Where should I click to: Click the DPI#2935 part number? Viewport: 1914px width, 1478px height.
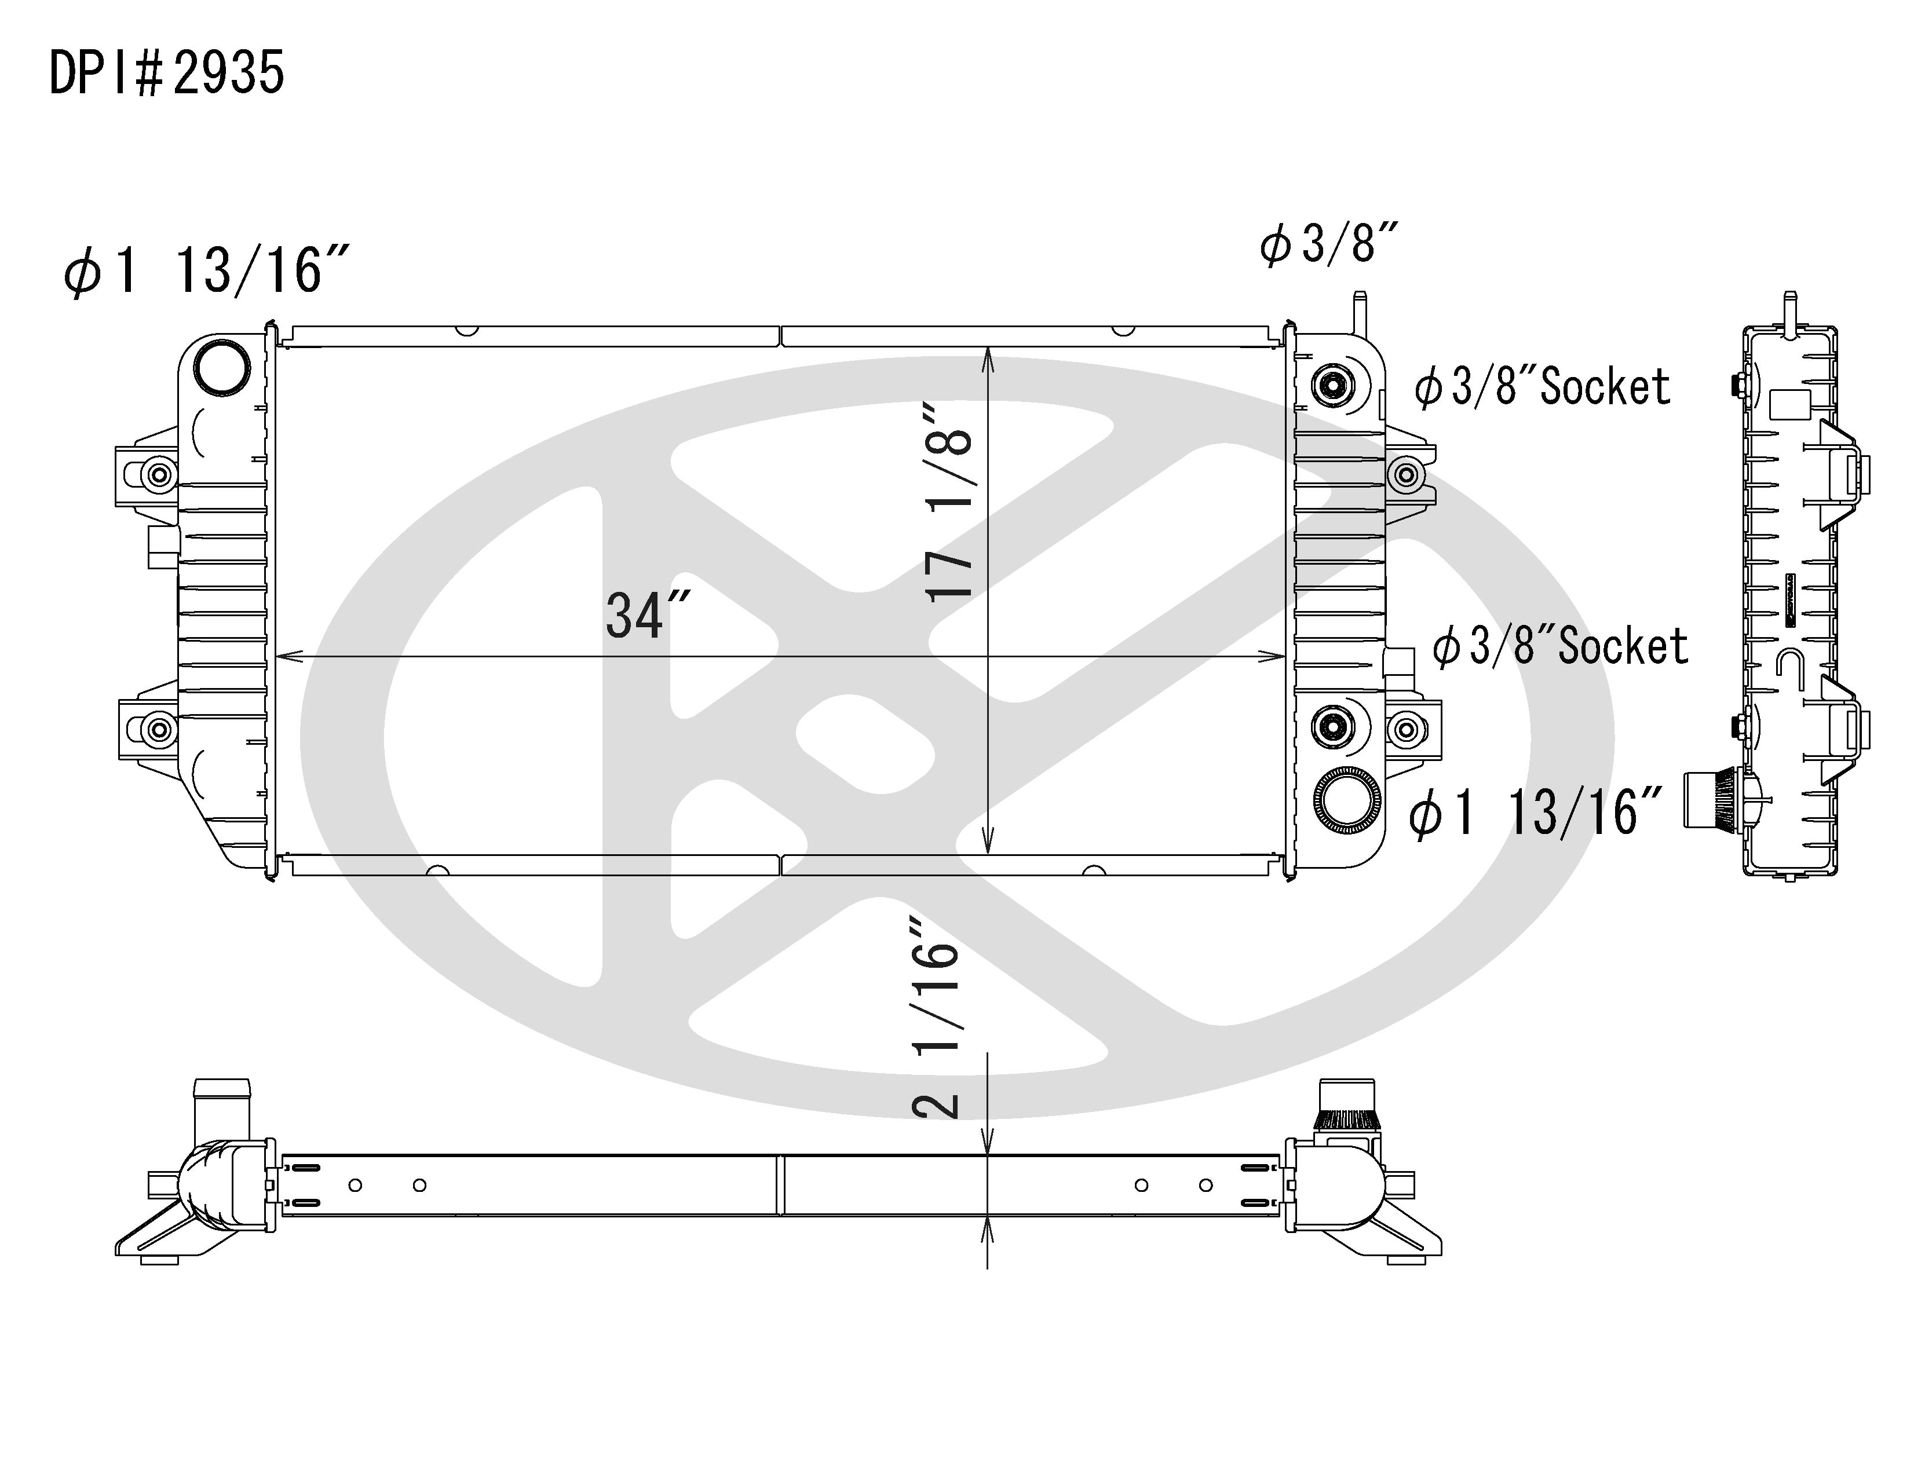pyautogui.click(x=166, y=73)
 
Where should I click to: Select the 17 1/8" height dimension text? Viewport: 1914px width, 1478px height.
pyautogui.click(x=949, y=501)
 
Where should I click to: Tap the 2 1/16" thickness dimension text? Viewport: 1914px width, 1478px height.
pyautogui.click(x=937, y=1017)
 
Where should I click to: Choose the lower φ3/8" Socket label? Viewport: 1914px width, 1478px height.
pyautogui.click(x=1560, y=646)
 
